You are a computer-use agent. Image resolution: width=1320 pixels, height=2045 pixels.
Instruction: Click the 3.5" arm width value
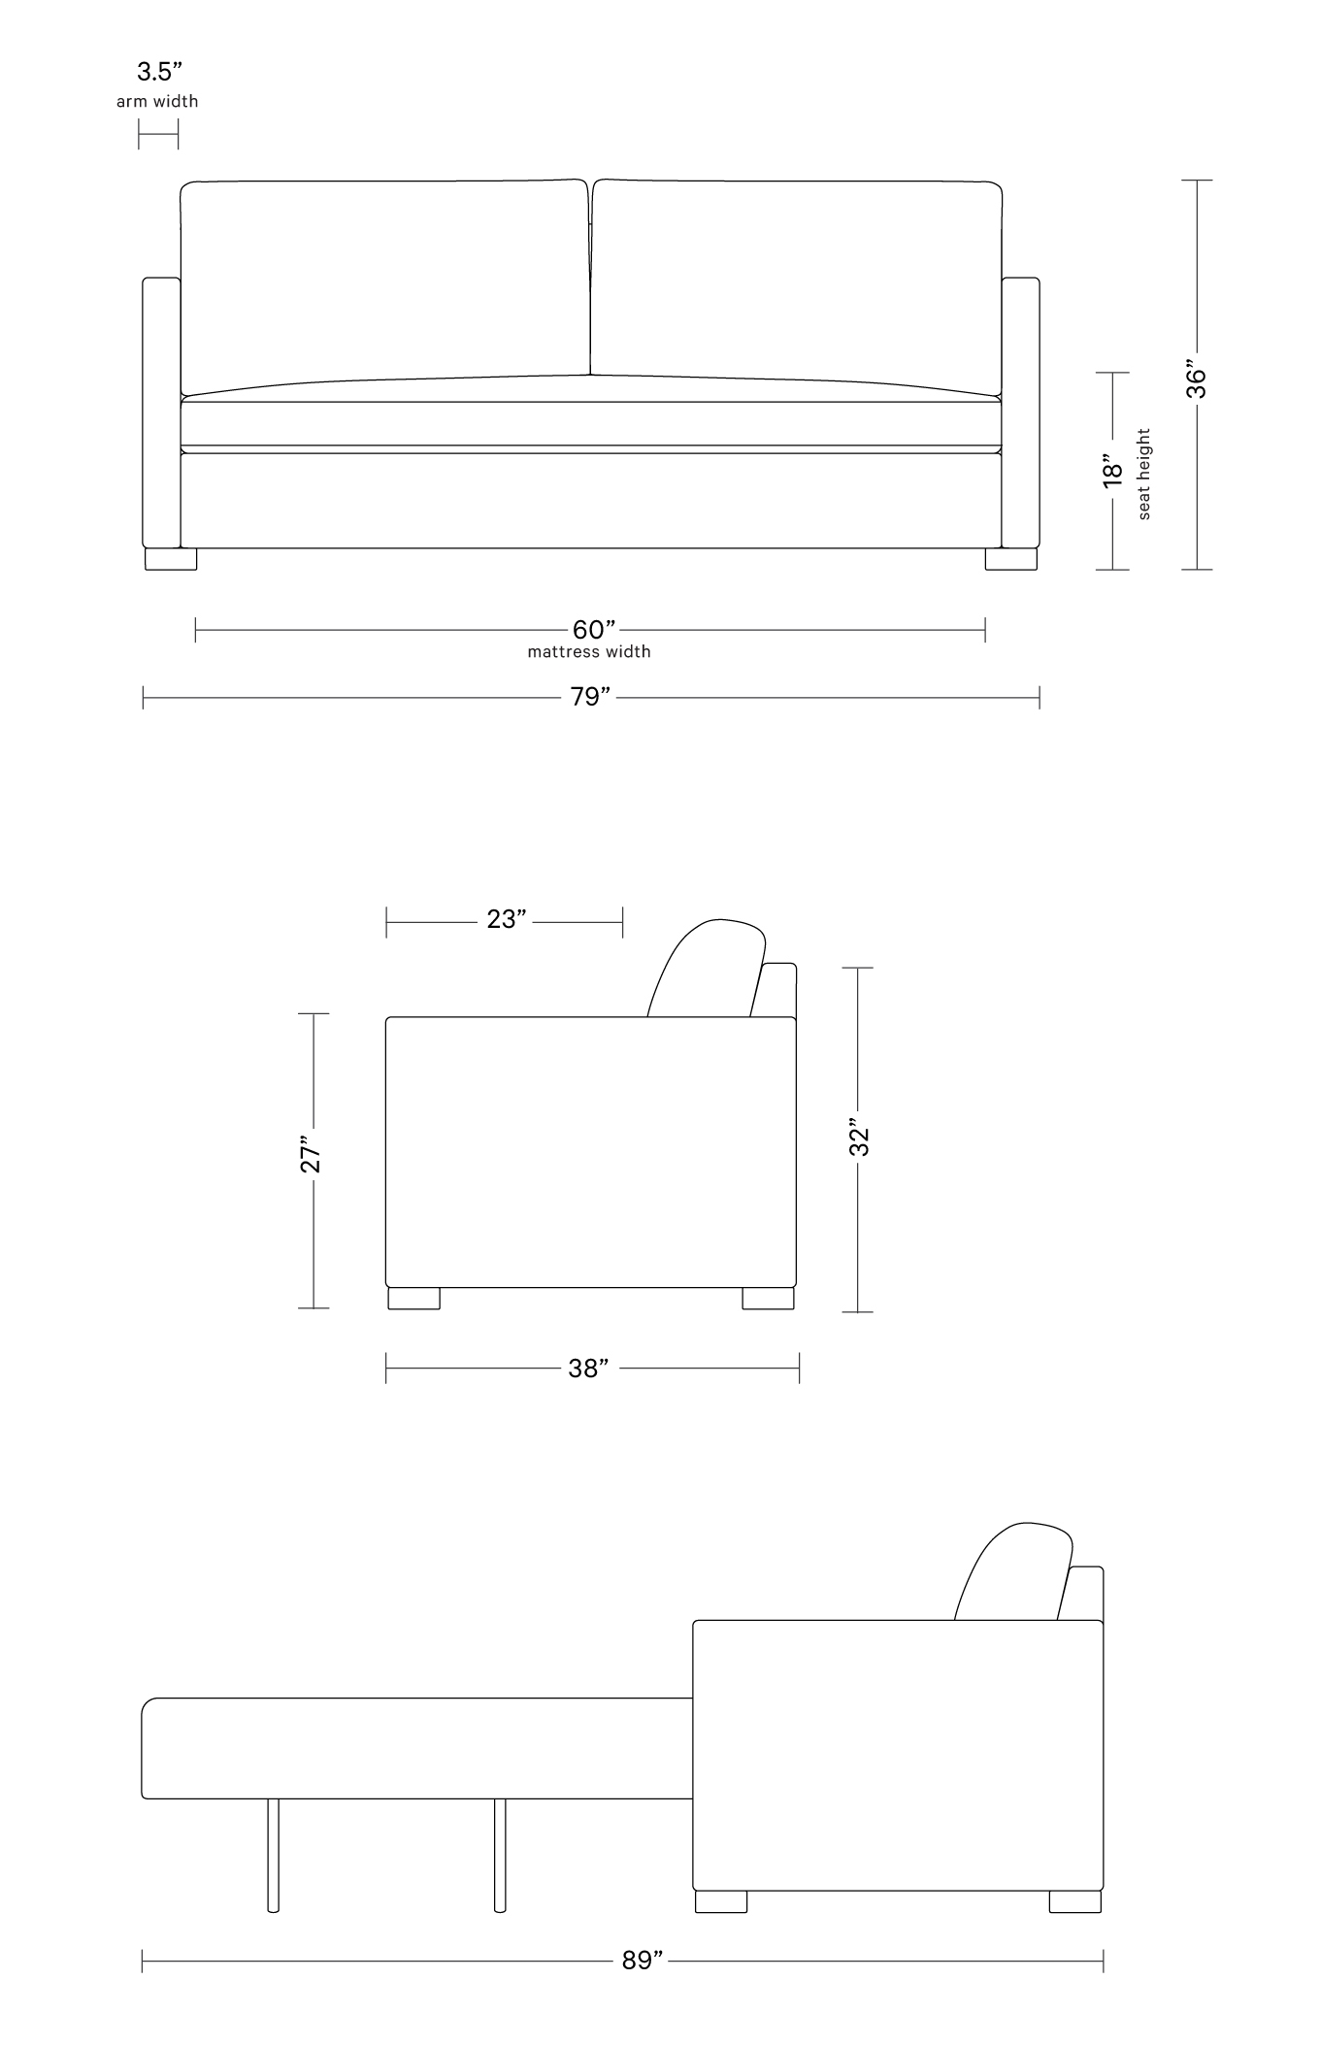point(159,72)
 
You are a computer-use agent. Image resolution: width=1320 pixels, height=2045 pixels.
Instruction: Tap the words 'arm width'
point(157,101)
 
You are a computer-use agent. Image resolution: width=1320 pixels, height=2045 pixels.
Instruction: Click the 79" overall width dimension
point(590,697)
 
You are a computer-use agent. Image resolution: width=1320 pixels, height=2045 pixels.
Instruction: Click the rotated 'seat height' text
point(1144,474)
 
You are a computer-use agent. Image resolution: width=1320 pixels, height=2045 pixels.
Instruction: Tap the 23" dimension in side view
point(506,919)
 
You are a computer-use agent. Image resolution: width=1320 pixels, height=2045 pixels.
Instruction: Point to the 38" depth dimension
point(588,1368)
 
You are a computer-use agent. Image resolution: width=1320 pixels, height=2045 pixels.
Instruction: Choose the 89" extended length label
point(642,1960)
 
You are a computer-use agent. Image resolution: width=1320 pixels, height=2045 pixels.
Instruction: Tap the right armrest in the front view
point(1020,412)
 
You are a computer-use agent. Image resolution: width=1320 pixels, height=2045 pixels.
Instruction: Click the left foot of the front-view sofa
point(171,559)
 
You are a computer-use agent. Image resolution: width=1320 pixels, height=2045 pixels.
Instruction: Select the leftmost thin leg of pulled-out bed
point(274,1854)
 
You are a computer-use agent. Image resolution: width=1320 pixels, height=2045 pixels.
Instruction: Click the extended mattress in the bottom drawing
point(417,1747)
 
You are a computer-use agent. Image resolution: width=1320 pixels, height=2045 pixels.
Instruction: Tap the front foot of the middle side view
point(413,1298)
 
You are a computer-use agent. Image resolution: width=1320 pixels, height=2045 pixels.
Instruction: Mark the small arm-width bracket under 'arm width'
point(158,134)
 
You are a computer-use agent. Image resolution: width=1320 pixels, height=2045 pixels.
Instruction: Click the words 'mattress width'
point(589,651)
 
